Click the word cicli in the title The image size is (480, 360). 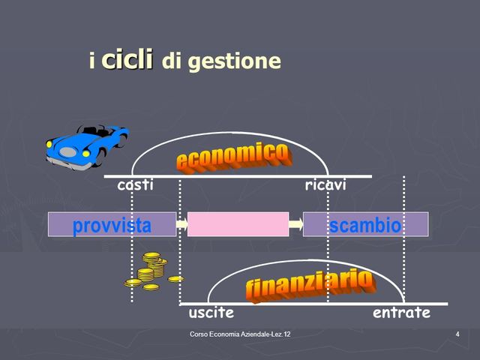(127, 58)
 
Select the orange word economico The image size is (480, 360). (232, 155)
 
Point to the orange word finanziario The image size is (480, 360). (309, 283)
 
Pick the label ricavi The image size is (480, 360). (325, 185)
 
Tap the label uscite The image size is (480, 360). (211, 312)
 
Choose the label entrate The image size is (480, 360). (401, 312)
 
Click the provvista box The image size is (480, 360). (112, 224)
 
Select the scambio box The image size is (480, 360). (365, 224)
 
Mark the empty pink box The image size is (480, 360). (238, 224)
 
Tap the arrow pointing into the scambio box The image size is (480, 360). (295, 223)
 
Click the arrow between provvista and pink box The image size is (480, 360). (181, 223)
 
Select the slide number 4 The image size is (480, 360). (457, 333)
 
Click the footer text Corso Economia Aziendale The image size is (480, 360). (240, 333)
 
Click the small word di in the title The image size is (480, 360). (171, 61)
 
